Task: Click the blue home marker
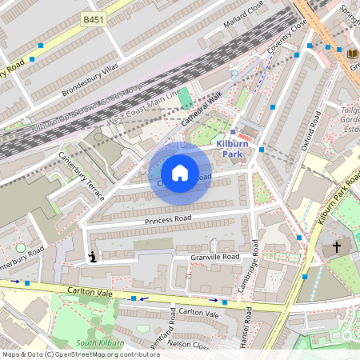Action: [180, 173]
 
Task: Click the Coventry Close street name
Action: [287, 34]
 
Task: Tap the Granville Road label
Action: [214, 258]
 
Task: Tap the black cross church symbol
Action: [337, 248]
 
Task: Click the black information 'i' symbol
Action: [92, 257]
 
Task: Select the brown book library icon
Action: [353, 54]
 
